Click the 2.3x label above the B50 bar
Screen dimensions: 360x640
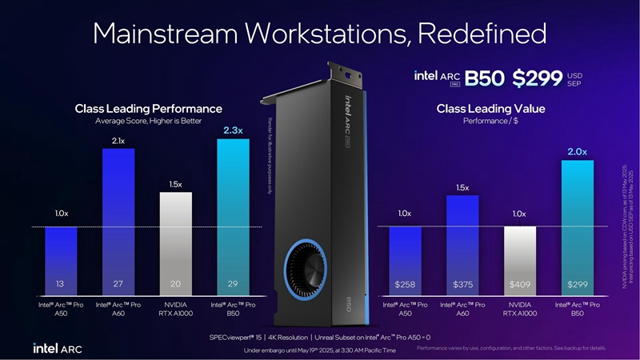click(233, 130)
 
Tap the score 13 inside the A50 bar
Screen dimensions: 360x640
click(60, 284)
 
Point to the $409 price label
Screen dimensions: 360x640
click(520, 284)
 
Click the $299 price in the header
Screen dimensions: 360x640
click(538, 78)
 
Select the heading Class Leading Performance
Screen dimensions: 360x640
click(148, 108)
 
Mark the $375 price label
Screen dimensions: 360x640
click(462, 284)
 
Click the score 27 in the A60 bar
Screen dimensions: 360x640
click(118, 284)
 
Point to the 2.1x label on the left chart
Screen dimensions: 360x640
click(118, 141)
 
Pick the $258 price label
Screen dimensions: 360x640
click(405, 284)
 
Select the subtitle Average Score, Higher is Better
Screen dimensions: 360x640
click(149, 121)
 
